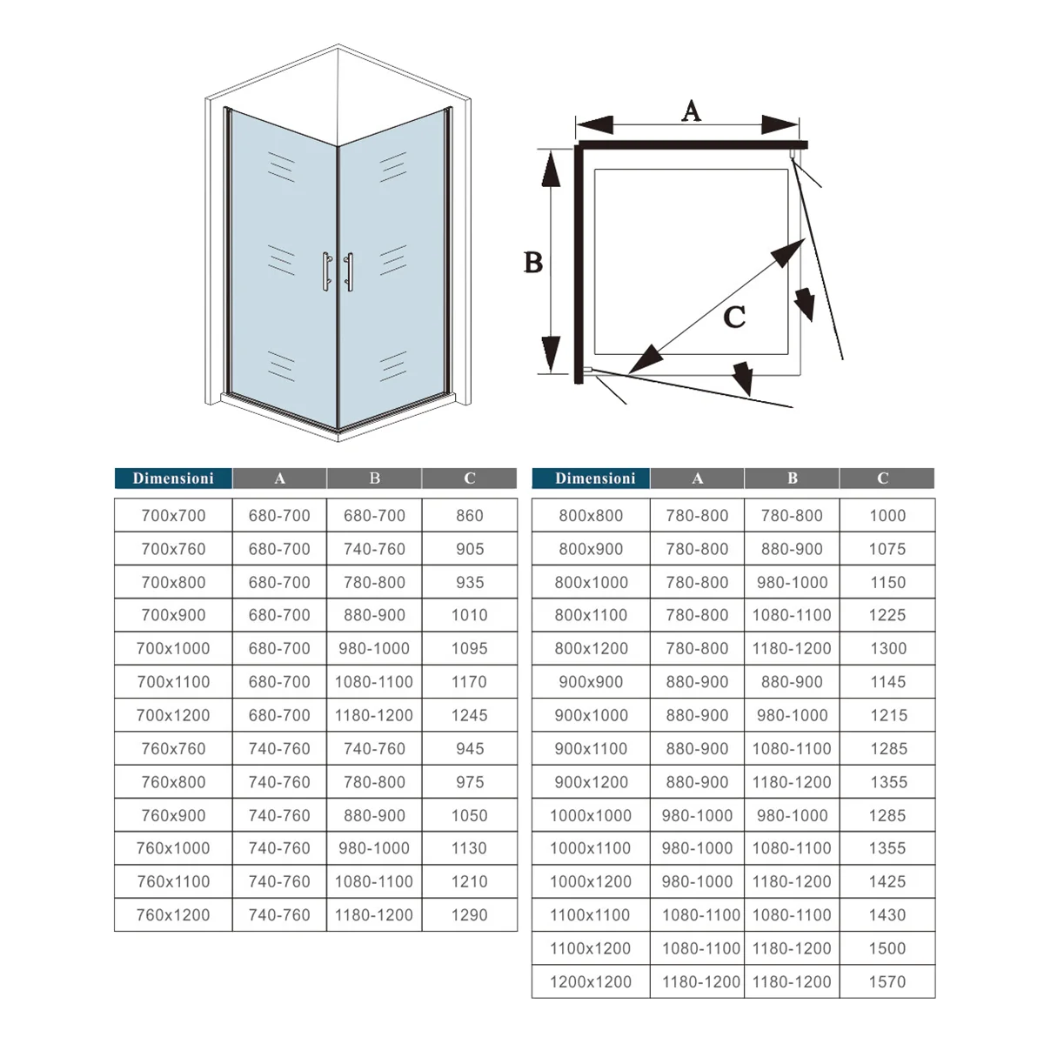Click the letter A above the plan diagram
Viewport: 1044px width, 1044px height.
click(691, 111)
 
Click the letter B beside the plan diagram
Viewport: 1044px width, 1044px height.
click(533, 262)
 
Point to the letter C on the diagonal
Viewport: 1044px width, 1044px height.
click(734, 317)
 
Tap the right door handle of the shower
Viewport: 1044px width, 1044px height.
click(350, 272)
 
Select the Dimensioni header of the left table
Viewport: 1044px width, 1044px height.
click(173, 478)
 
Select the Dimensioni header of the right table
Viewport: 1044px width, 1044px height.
click(595, 478)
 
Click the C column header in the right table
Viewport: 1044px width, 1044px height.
click(883, 478)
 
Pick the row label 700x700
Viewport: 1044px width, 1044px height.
click(173, 516)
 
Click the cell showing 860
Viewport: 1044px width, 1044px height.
click(470, 516)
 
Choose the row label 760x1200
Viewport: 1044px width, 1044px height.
click(173, 915)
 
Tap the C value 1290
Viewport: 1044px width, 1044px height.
click(470, 915)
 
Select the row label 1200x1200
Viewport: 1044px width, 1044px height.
click(591, 982)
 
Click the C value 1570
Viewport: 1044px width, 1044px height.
click(887, 982)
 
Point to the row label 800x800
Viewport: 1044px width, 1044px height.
click(591, 516)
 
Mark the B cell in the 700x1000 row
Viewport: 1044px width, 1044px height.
click(374, 649)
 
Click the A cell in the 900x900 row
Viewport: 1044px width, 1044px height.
click(697, 682)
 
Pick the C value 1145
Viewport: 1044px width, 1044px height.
click(887, 682)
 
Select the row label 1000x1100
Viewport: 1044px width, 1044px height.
click(591, 848)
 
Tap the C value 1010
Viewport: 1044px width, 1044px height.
click(470, 615)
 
